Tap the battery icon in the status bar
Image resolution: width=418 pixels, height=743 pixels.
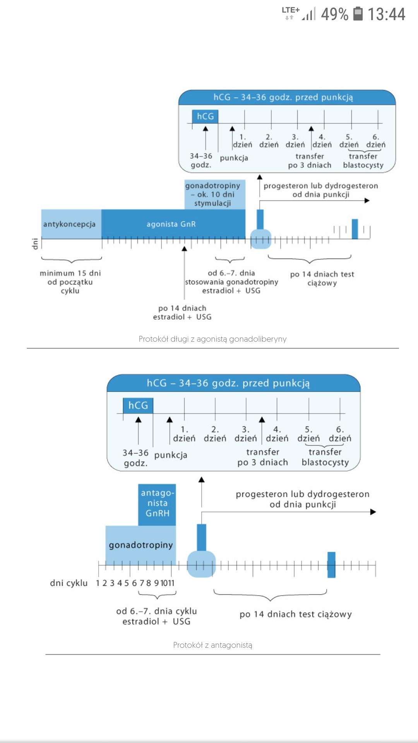[x=358, y=14]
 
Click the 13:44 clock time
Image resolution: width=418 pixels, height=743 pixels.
[x=386, y=14]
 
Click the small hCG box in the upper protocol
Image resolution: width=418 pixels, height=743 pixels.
[x=205, y=116]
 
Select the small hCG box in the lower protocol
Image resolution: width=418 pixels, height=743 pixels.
[x=138, y=406]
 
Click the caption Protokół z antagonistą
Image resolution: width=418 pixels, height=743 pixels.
[x=212, y=645]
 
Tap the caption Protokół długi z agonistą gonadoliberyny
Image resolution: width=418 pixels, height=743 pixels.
[x=212, y=339]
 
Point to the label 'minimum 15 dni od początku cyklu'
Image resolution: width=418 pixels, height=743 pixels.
[x=70, y=282]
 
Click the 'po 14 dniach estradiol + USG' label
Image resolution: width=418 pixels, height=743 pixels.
[x=182, y=312]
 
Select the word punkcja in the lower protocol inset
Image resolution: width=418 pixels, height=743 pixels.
[x=171, y=455]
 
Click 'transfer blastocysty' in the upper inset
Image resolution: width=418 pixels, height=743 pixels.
[x=363, y=161]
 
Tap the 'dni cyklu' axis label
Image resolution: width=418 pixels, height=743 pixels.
[x=69, y=583]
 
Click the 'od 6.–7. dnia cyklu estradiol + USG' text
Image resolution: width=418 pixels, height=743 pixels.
[x=157, y=616]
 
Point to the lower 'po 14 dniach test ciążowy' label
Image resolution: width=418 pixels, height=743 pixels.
[x=296, y=614]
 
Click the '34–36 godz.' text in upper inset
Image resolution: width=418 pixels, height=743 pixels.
[x=201, y=160]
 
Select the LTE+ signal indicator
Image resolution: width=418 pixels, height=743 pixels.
[x=291, y=13]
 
